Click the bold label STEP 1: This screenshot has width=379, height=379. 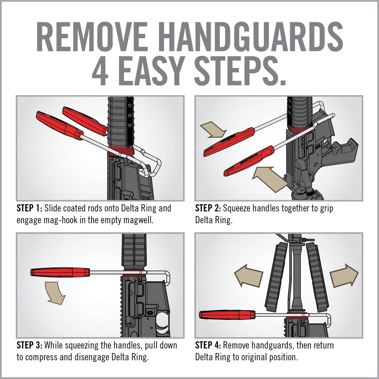click(x=29, y=209)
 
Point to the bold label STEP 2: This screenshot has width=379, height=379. click(x=208, y=209)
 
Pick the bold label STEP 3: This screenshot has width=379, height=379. click(x=29, y=345)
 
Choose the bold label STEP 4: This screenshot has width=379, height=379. click(x=208, y=345)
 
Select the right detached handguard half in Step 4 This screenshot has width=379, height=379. click(x=317, y=276)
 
